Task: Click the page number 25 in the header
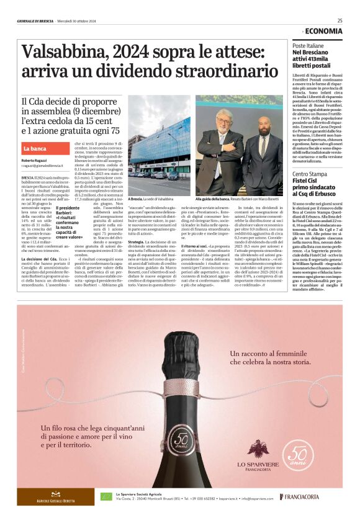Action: [x=340, y=20]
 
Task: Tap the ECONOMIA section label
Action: [x=323, y=31]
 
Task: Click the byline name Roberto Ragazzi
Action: [x=34, y=161]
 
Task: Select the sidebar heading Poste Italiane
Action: [x=308, y=46]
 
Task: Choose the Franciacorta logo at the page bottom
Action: [x=300, y=497]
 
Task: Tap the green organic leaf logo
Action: [x=106, y=496]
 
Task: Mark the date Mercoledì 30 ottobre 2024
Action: [x=75, y=21]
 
